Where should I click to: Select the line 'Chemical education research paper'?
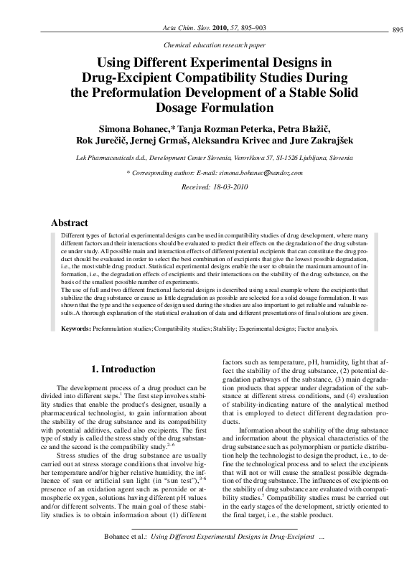[208, 44]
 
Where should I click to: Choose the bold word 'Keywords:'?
[75, 329]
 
